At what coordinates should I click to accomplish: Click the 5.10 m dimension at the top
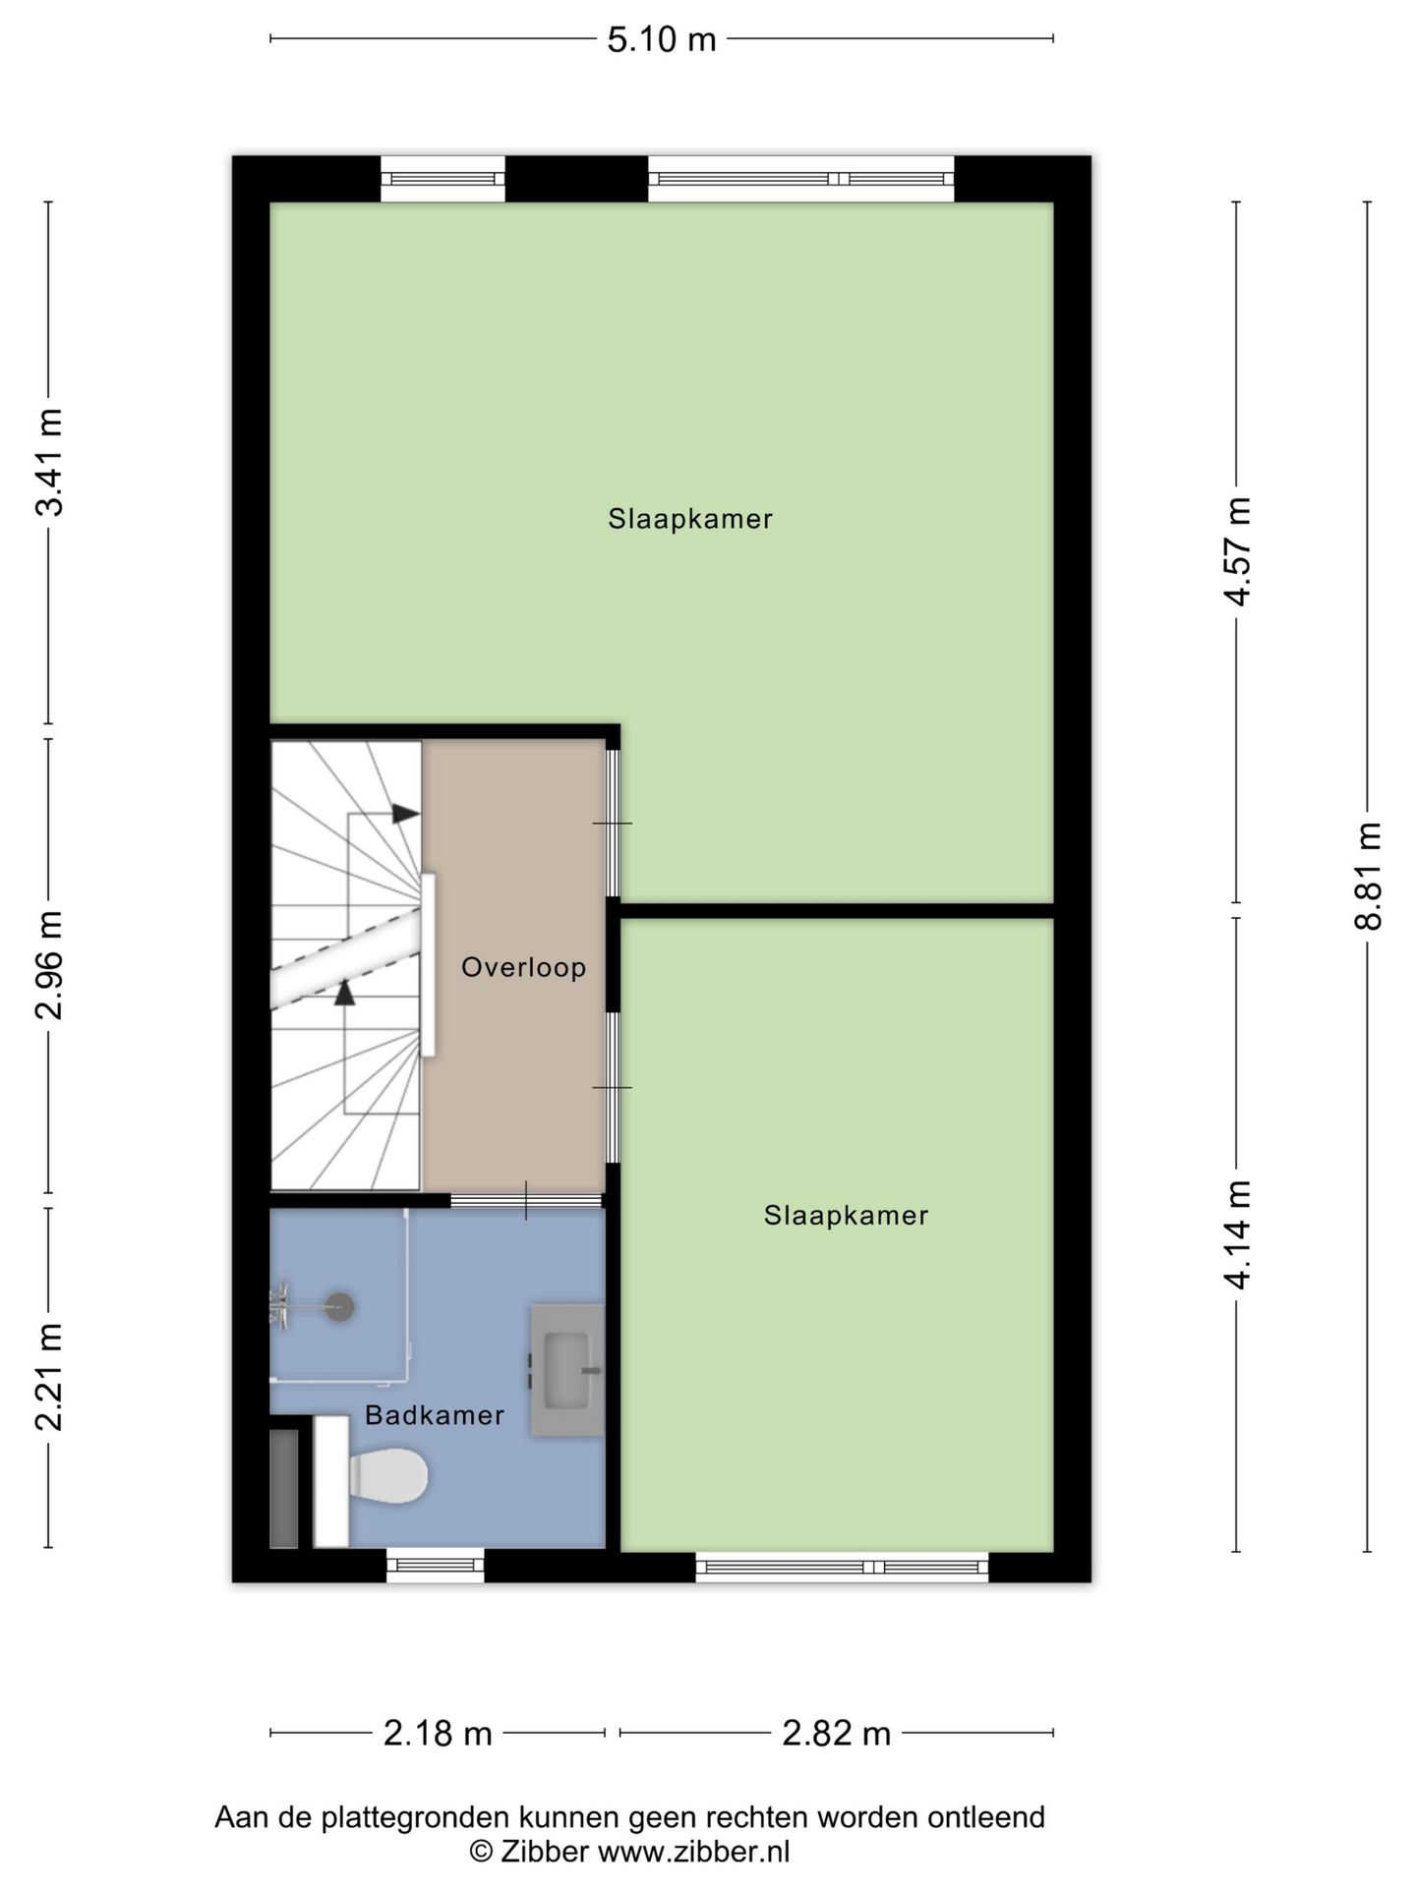point(661,39)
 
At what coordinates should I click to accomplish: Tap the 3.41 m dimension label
point(49,461)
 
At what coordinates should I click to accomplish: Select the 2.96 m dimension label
point(49,964)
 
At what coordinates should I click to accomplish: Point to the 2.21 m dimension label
point(49,1376)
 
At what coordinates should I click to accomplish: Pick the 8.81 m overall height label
point(1368,875)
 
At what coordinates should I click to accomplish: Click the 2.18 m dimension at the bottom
point(438,1733)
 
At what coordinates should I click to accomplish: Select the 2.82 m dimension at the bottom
point(836,1733)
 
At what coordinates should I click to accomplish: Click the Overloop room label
point(523,967)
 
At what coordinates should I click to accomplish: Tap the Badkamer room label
point(434,1415)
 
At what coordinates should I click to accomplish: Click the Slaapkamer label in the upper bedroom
point(689,519)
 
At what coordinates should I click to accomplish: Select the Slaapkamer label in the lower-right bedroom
point(846,1216)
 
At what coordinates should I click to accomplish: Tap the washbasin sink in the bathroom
point(566,1369)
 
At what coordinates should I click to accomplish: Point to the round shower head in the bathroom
point(340,1307)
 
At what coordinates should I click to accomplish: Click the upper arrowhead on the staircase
point(405,814)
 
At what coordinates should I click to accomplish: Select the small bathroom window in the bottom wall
point(435,1565)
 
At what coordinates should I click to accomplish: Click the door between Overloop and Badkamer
point(526,1200)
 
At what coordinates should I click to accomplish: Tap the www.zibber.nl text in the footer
point(693,1853)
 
